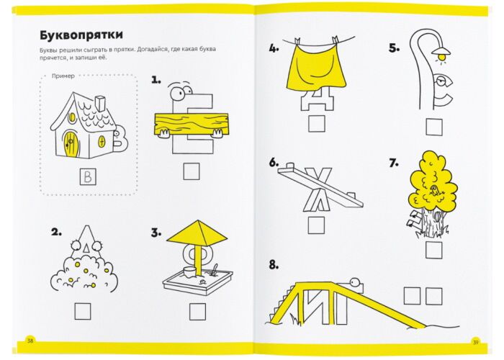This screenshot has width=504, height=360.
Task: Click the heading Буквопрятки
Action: (x=81, y=35)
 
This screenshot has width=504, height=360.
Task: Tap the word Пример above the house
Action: (x=63, y=76)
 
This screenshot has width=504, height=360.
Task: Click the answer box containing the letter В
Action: (x=88, y=177)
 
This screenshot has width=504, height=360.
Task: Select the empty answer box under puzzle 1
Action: (x=192, y=171)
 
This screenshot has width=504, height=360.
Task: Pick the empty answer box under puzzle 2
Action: (x=83, y=311)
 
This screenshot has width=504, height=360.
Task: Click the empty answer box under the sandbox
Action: (x=197, y=312)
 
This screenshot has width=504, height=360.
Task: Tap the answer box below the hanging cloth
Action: (x=317, y=124)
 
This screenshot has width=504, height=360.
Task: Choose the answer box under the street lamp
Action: (x=434, y=127)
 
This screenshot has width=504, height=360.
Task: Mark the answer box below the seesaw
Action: (x=316, y=225)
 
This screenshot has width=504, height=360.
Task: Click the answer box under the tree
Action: (x=433, y=250)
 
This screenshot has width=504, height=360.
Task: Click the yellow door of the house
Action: (x=71, y=144)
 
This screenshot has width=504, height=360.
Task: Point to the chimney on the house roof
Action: (x=101, y=103)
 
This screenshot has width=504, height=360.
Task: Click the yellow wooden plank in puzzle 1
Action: (x=192, y=124)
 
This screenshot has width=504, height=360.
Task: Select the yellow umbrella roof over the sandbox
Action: (x=197, y=232)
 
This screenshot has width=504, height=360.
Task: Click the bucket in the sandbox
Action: (x=189, y=272)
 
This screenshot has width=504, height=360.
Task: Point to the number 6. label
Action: (x=274, y=163)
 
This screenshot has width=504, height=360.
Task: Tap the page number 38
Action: (x=30, y=341)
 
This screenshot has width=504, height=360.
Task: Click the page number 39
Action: (x=475, y=342)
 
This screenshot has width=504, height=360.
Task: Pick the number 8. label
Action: (x=274, y=265)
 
